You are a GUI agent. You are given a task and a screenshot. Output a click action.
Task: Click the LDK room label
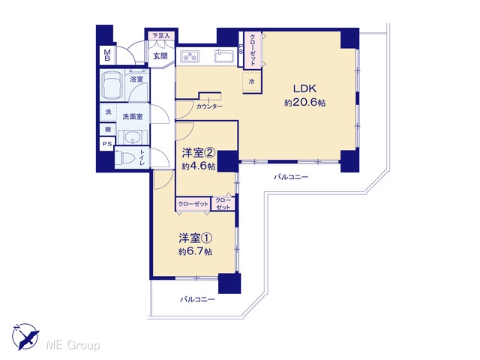304,88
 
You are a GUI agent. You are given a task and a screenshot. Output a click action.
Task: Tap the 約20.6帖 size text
305,103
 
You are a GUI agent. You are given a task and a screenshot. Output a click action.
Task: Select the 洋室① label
196,238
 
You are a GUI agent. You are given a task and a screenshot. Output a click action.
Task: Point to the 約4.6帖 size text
198,166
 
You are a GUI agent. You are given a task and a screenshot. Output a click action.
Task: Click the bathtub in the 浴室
112,85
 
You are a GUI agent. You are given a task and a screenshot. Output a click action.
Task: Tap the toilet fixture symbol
127,158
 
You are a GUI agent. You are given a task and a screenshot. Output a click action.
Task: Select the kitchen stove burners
190,57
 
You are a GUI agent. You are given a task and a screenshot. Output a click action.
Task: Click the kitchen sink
224,55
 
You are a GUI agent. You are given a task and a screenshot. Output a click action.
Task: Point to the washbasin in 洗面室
133,137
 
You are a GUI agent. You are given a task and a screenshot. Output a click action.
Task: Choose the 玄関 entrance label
160,56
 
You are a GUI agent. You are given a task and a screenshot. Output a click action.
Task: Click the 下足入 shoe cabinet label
161,36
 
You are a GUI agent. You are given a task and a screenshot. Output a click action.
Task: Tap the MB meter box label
107,55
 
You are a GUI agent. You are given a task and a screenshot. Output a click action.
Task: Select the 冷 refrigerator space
252,82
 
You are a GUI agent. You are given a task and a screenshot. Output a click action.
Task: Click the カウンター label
209,106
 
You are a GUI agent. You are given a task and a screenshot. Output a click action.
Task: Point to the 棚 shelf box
108,130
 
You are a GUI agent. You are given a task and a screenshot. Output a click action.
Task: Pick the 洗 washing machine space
108,112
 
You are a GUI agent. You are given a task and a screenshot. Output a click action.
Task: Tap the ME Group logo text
73,345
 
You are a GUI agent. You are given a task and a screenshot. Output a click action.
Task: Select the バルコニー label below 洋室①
197,299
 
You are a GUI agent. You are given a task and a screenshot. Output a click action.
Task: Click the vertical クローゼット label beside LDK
253,49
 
